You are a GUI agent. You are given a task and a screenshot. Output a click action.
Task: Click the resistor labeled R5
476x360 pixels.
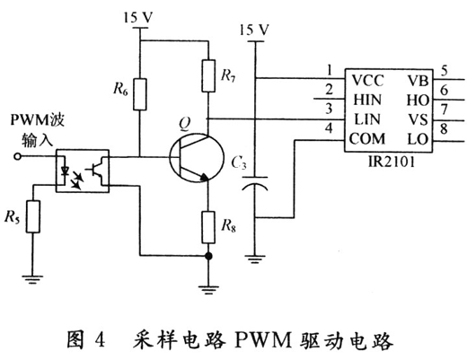click(x=33, y=216)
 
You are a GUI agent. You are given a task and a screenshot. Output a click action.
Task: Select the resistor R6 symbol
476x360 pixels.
click(x=139, y=92)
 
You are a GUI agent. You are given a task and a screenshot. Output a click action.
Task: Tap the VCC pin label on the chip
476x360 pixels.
click(x=370, y=78)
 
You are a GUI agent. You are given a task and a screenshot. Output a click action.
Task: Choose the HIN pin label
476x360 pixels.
click(x=368, y=98)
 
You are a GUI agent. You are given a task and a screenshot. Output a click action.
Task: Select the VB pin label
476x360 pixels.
click(x=419, y=78)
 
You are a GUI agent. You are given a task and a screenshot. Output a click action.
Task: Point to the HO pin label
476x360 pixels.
click(x=419, y=98)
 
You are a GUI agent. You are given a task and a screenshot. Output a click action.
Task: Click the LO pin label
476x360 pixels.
click(x=419, y=139)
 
